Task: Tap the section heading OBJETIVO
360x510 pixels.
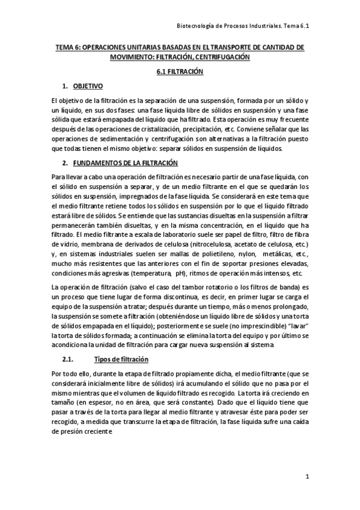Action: (x=88, y=86)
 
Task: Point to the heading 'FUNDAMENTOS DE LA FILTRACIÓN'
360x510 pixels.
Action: (x=124, y=164)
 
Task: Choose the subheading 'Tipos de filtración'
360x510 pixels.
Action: (x=121, y=360)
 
